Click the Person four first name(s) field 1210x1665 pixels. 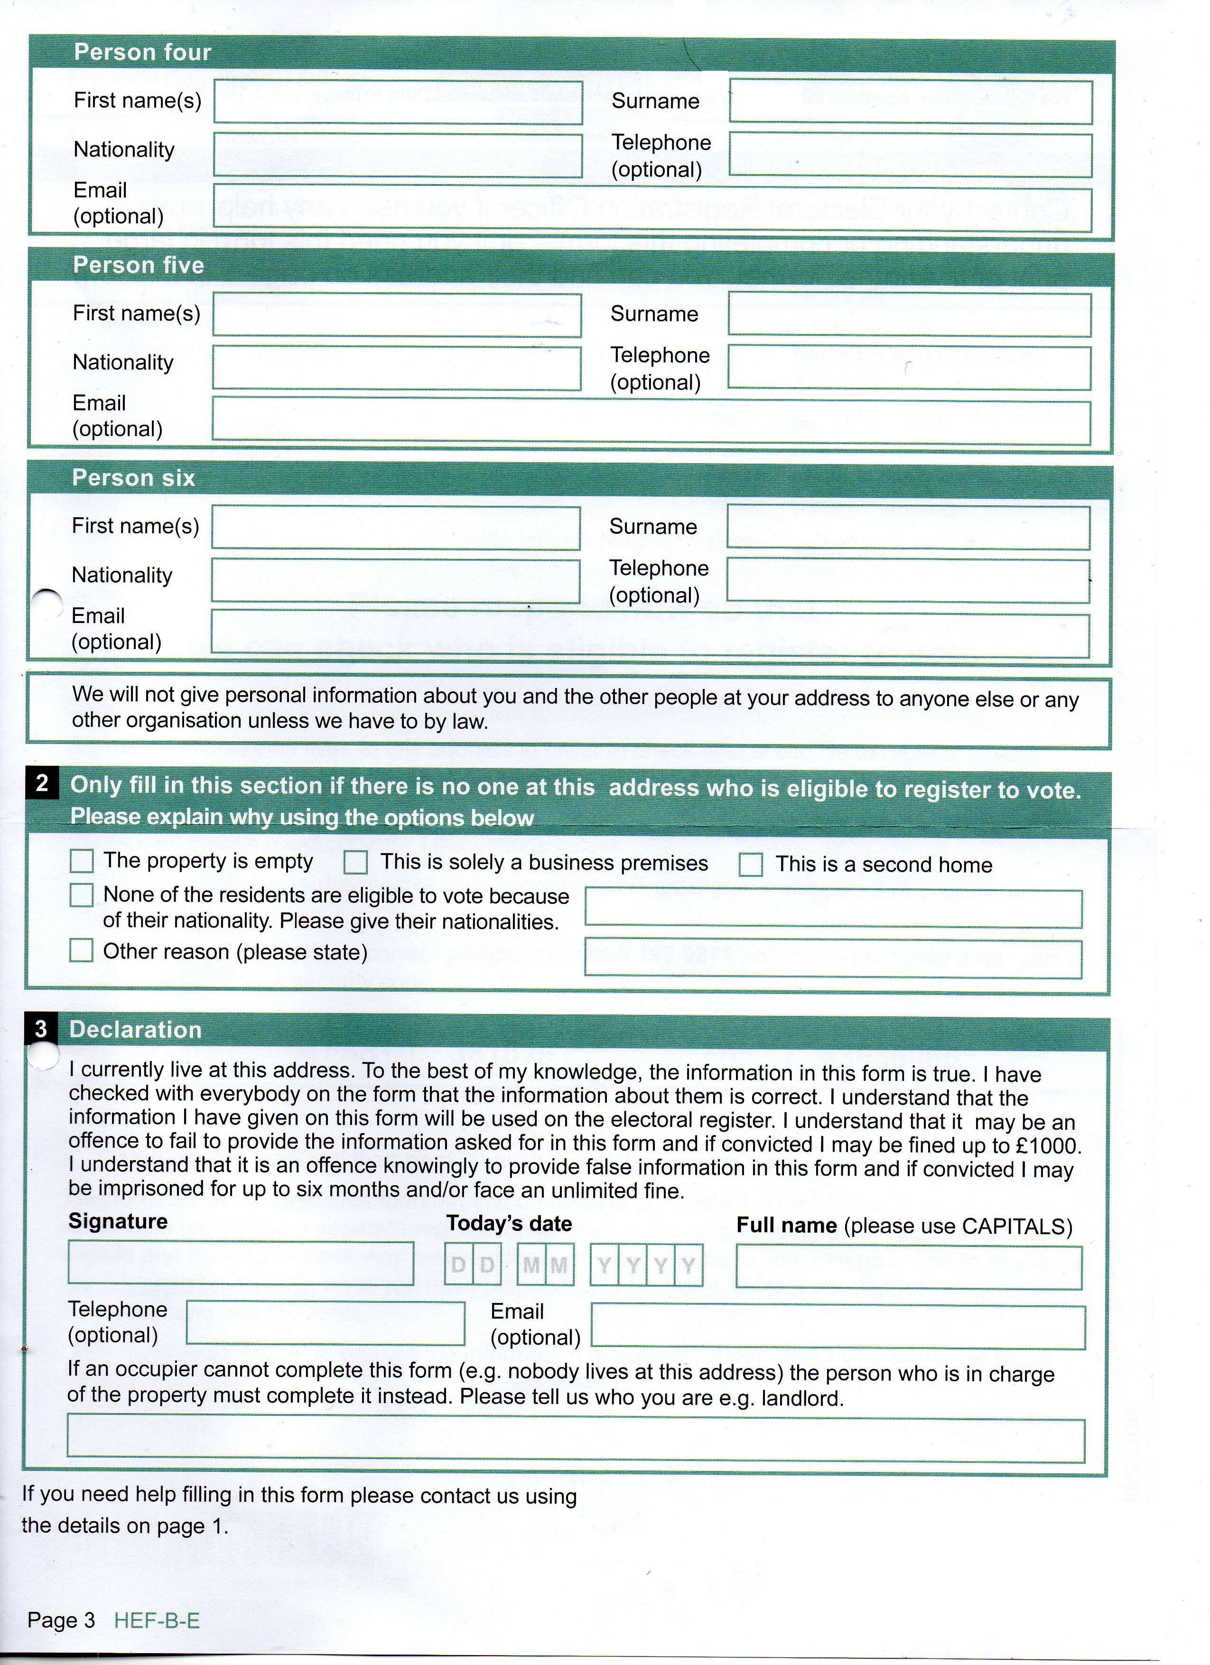coord(398,102)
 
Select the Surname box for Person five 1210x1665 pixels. coord(909,315)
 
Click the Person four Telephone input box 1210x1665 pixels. coord(911,154)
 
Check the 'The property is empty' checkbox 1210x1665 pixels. coord(82,860)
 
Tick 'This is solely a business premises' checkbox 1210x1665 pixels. coord(356,862)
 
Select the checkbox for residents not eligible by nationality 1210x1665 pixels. coord(82,895)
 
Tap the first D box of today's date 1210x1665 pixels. coord(459,1264)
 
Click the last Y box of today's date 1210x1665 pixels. coord(688,1265)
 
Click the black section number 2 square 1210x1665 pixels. coord(42,784)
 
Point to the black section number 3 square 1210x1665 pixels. coord(40,1029)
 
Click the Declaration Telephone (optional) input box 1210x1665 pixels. coord(325,1323)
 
